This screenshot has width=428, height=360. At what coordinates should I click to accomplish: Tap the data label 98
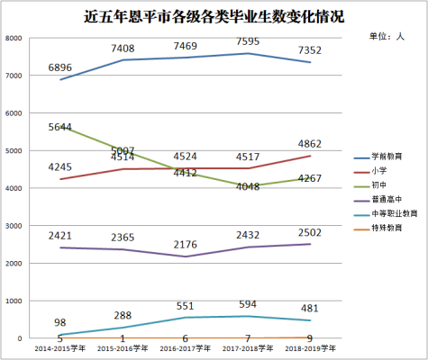59,322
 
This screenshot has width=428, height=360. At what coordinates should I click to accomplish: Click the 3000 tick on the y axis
14,226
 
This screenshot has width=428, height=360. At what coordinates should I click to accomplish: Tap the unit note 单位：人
387,37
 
